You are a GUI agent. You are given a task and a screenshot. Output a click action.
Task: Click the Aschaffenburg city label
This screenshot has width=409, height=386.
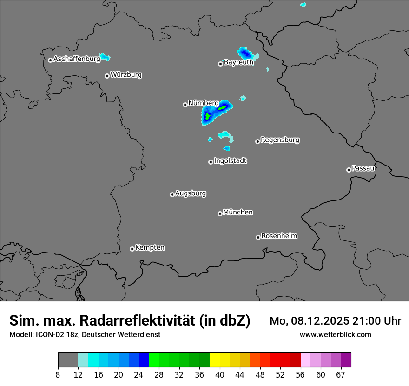(x=77, y=59)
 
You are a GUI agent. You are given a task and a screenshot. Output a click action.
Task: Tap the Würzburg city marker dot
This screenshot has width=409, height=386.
(x=107, y=76)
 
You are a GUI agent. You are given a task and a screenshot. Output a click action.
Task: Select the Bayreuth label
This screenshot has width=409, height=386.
(x=238, y=62)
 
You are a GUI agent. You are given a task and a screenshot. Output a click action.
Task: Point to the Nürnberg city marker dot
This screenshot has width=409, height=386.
(x=185, y=105)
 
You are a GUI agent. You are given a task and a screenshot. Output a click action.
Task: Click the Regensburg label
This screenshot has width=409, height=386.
(x=280, y=140)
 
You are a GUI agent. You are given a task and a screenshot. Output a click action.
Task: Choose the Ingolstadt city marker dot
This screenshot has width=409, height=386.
(x=211, y=162)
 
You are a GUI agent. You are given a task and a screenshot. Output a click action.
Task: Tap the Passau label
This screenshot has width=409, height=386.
(x=363, y=168)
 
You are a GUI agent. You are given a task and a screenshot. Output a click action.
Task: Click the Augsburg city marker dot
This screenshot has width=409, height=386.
(x=172, y=194)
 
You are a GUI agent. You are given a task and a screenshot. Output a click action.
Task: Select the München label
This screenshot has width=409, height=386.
(x=238, y=212)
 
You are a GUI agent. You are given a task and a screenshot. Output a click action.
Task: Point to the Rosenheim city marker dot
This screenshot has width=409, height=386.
(x=258, y=238)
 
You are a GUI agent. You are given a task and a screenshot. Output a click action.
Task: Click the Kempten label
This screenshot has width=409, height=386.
(x=150, y=247)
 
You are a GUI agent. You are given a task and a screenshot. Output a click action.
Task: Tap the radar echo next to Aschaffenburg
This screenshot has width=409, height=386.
(x=105, y=57)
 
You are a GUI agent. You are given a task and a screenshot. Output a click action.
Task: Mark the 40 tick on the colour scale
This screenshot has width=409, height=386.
(x=220, y=374)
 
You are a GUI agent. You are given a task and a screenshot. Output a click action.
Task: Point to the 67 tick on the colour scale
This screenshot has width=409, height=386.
(x=341, y=374)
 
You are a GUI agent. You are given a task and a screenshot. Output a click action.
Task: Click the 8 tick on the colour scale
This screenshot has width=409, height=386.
(x=58, y=374)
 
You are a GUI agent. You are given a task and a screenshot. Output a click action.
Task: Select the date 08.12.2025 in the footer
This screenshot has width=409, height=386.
(x=317, y=320)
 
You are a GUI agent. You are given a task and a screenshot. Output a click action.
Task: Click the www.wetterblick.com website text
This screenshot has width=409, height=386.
(x=335, y=334)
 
